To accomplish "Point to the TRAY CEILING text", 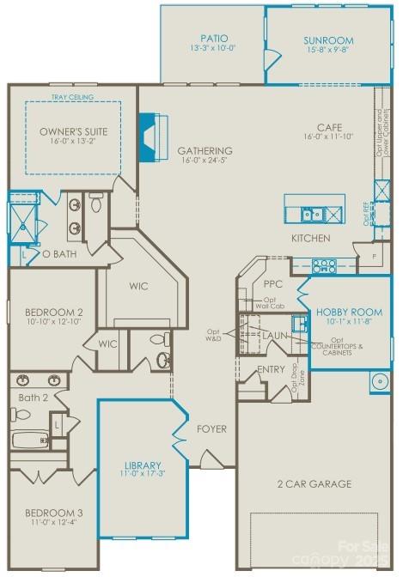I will pyautogui.click(x=72, y=98).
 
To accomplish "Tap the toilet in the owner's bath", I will pyautogui.click(x=96, y=203).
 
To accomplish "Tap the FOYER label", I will pyautogui.click(x=212, y=428).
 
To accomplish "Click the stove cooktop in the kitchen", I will pyautogui.click(x=324, y=264).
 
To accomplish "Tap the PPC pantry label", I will pyautogui.click(x=272, y=282).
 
